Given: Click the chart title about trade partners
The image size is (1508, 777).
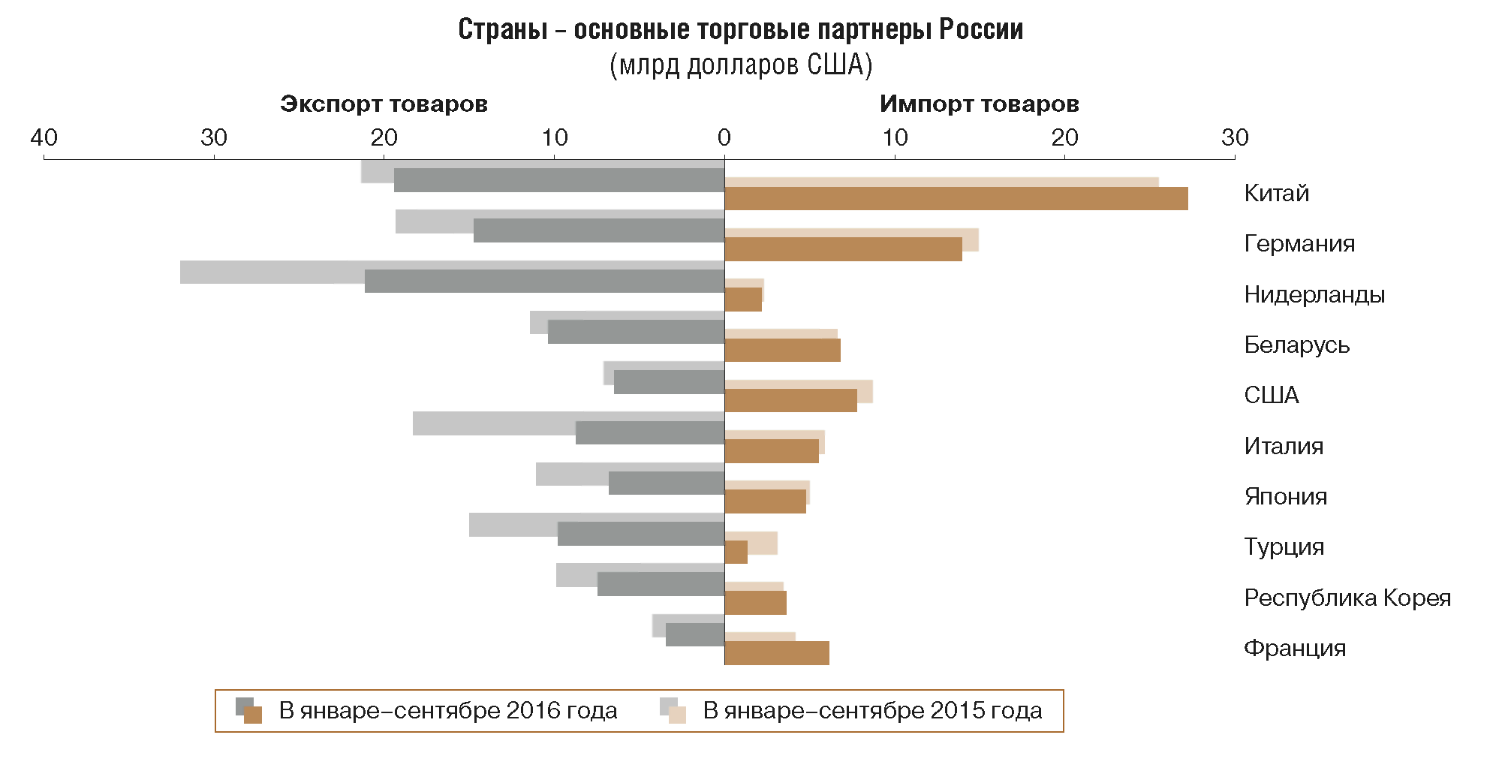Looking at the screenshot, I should point(740,30).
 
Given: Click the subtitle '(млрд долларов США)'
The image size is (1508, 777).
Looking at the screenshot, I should point(740,65).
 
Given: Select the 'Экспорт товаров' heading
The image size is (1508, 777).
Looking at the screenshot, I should point(384,104).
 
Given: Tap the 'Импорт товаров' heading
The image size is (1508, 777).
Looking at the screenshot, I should point(979,104).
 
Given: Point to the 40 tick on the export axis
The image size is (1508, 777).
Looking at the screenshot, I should point(44,137).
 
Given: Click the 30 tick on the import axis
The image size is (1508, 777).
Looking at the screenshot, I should point(1235,137).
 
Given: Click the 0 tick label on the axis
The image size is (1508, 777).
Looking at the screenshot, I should point(724,137).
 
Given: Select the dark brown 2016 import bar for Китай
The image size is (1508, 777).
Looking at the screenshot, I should point(956,199).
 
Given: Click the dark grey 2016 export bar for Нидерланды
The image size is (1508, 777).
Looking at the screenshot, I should point(544,281).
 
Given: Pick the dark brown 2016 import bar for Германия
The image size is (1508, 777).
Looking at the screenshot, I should point(843,249).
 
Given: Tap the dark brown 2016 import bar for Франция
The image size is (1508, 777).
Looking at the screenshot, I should point(777,653).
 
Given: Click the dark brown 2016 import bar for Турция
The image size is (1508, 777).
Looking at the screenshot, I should point(736,552).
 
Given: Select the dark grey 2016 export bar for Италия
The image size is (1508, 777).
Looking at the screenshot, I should point(650,432).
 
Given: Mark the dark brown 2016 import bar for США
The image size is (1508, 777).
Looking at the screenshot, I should point(790,400).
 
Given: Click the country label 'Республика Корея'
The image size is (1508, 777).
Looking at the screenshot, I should point(1347,598).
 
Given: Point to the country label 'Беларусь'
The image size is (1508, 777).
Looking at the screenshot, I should point(1296,345).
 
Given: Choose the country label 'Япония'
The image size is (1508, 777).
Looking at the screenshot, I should point(1285,496).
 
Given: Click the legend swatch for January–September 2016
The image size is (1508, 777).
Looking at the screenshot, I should point(249,710).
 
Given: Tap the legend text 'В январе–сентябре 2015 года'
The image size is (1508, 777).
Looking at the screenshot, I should point(872,710).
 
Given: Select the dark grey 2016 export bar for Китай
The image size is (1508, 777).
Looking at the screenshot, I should point(559,180).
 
